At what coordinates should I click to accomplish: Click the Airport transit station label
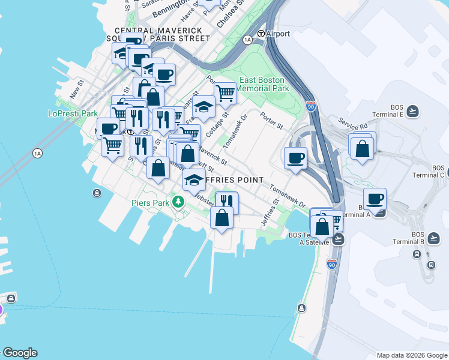point(273,34)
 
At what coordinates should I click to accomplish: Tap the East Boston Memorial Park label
point(264,83)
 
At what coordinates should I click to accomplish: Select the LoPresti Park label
point(73,113)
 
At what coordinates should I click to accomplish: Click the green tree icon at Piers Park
point(178,201)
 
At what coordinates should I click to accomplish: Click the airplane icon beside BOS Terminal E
point(412,111)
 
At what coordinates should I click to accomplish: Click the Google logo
point(20,353)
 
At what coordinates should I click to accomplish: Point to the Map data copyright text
point(411,355)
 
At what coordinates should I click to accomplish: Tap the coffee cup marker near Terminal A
point(375,199)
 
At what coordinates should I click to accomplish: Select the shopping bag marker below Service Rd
point(363,148)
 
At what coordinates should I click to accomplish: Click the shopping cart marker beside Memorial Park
point(225,94)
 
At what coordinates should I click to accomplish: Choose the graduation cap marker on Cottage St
point(204,107)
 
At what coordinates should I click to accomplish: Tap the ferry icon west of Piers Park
point(97,193)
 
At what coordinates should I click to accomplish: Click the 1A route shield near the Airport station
point(247,40)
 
